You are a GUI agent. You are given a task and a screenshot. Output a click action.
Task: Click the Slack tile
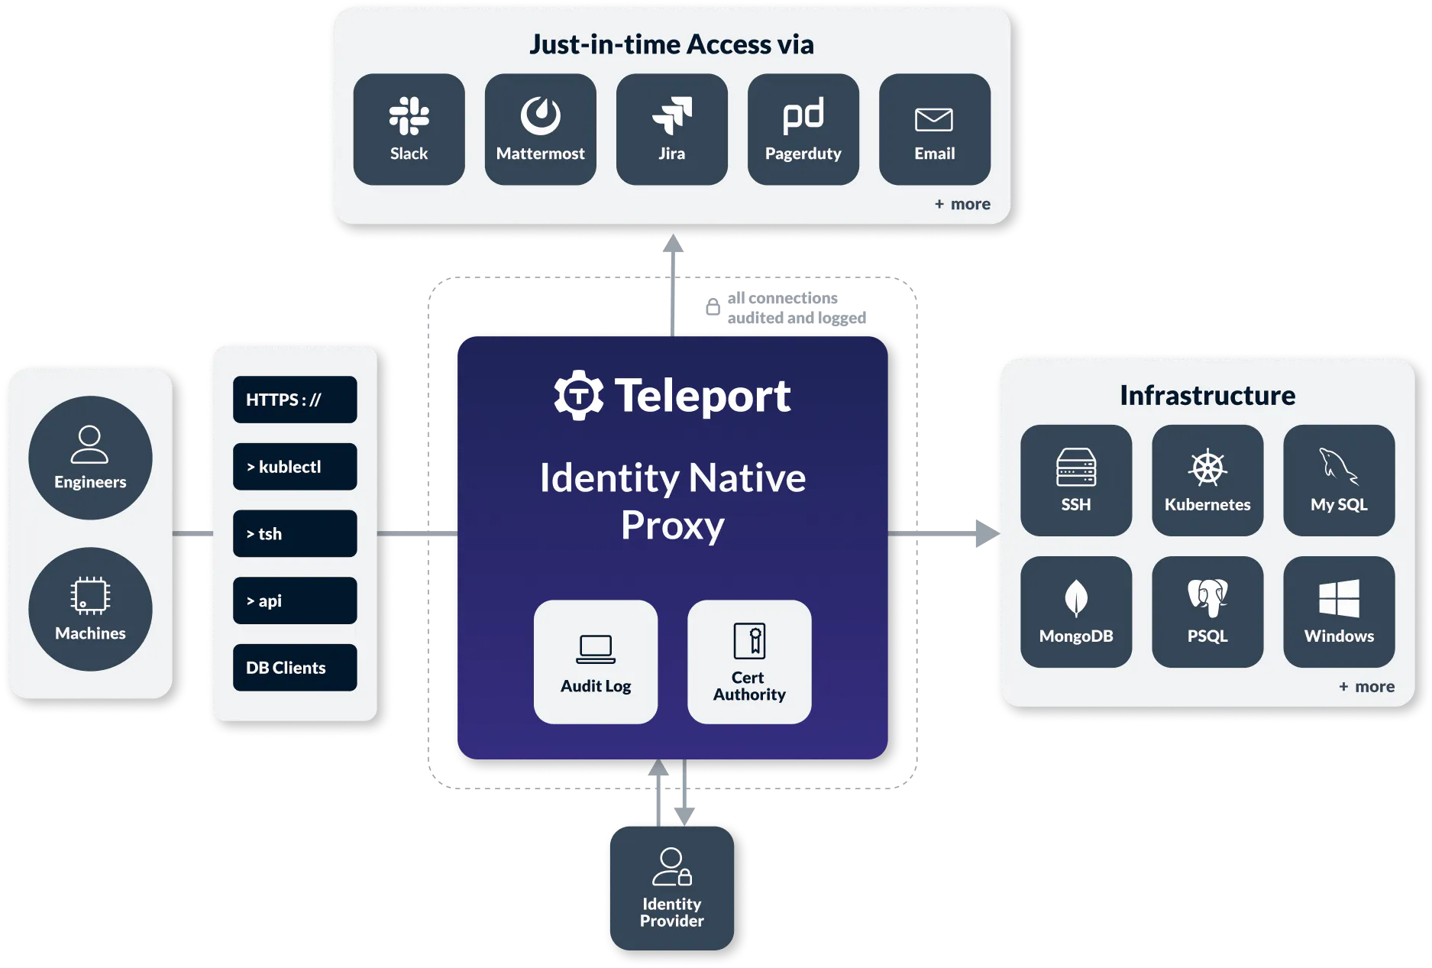tap(409, 129)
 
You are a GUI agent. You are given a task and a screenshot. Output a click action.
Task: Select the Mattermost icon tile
tap(540, 129)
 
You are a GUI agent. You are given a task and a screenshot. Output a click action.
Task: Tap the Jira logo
tap(672, 116)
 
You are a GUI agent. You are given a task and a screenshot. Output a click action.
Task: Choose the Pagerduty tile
tap(803, 129)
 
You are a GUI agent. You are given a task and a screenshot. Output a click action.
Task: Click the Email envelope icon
tap(933, 120)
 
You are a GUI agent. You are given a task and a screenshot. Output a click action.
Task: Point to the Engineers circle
tap(90, 458)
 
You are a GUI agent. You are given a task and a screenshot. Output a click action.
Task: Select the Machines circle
tap(90, 609)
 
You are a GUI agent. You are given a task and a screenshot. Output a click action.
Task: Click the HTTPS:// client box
tap(295, 400)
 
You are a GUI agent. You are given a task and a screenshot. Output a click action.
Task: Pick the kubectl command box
tap(295, 467)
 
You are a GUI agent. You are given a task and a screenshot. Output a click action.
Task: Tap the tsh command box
tap(295, 533)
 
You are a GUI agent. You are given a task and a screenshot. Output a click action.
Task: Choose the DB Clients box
tap(295, 668)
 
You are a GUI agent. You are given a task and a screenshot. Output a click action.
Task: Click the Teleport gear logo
tap(578, 395)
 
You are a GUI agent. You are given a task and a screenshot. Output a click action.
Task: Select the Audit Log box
tap(596, 662)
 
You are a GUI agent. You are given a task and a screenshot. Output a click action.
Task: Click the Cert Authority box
tap(749, 662)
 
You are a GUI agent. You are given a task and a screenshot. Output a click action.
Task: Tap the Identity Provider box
tap(672, 888)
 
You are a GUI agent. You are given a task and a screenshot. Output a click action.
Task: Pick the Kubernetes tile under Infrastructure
tap(1207, 481)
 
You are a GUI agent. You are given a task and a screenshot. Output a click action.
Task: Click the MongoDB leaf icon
tap(1075, 598)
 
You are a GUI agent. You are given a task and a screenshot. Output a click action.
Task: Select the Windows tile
tap(1339, 612)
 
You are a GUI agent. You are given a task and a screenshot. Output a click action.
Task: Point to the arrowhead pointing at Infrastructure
tap(984, 532)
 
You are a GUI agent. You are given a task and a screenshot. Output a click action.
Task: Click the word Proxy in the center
tap(672, 526)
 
